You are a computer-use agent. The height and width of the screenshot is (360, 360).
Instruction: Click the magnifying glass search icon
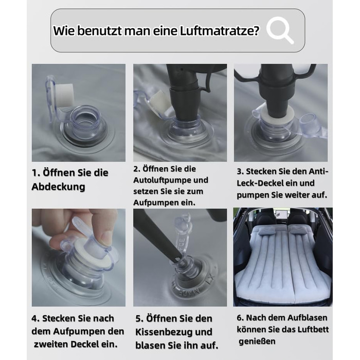point(280,30)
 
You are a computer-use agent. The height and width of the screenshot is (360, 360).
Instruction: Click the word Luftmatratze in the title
point(220,30)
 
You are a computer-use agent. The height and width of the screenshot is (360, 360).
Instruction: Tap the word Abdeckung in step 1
point(58,187)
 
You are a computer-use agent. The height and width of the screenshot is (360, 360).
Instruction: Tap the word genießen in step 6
point(257,341)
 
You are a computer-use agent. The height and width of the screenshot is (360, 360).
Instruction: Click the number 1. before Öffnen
point(36,173)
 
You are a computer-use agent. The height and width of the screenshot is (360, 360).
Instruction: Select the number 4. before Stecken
point(35,318)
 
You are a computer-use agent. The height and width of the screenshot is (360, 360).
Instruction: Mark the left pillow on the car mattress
point(267,231)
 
